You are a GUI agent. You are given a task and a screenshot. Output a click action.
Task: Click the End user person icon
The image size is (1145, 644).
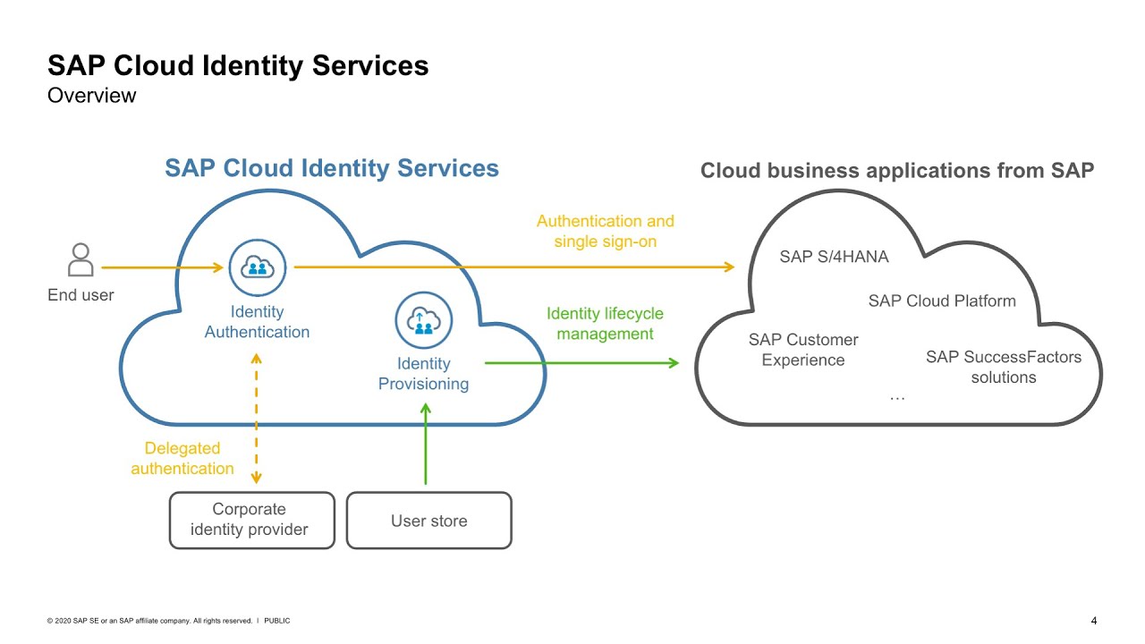pyautogui.click(x=81, y=259)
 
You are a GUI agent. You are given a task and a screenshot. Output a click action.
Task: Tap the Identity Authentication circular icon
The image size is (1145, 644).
pyautogui.click(x=258, y=267)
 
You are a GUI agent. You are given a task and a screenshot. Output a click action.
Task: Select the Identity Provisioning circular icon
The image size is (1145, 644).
pyautogui.click(x=424, y=319)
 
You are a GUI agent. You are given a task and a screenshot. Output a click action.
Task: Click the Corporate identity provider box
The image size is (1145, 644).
pyautogui.click(x=251, y=520)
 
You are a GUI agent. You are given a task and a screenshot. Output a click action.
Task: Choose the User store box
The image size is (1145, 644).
pyautogui.click(x=428, y=521)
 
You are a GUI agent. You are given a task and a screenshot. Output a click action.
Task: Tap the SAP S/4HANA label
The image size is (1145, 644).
pyautogui.click(x=834, y=257)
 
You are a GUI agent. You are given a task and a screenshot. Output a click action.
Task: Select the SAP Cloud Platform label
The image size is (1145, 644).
pyautogui.click(x=942, y=301)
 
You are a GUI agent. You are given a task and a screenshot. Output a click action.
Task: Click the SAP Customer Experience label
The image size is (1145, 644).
pyautogui.click(x=802, y=350)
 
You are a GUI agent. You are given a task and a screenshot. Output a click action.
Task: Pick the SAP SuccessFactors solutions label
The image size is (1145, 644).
pyautogui.click(x=1003, y=368)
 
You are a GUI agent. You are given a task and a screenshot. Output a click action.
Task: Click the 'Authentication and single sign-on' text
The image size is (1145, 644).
pyautogui.click(x=605, y=231)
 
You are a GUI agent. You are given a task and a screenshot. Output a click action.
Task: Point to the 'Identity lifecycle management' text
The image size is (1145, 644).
pyautogui.click(x=605, y=324)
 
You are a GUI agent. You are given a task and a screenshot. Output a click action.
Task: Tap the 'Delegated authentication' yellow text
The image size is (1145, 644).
pyautogui.click(x=182, y=458)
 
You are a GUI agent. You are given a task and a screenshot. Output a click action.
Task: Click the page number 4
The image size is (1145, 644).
pyautogui.click(x=1094, y=621)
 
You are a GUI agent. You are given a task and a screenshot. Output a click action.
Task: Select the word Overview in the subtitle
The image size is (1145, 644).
pyautogui.click(x=91, y=95)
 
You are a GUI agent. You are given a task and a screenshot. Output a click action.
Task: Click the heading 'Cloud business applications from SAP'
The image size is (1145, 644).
pyautogui.click(x=896, y=171)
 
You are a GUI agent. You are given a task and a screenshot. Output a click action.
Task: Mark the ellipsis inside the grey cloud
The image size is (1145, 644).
pyautogui.click(x=897, y=397)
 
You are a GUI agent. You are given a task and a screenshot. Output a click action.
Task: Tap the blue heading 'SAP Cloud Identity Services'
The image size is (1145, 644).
pyautogui.click(x=331, y=168)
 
